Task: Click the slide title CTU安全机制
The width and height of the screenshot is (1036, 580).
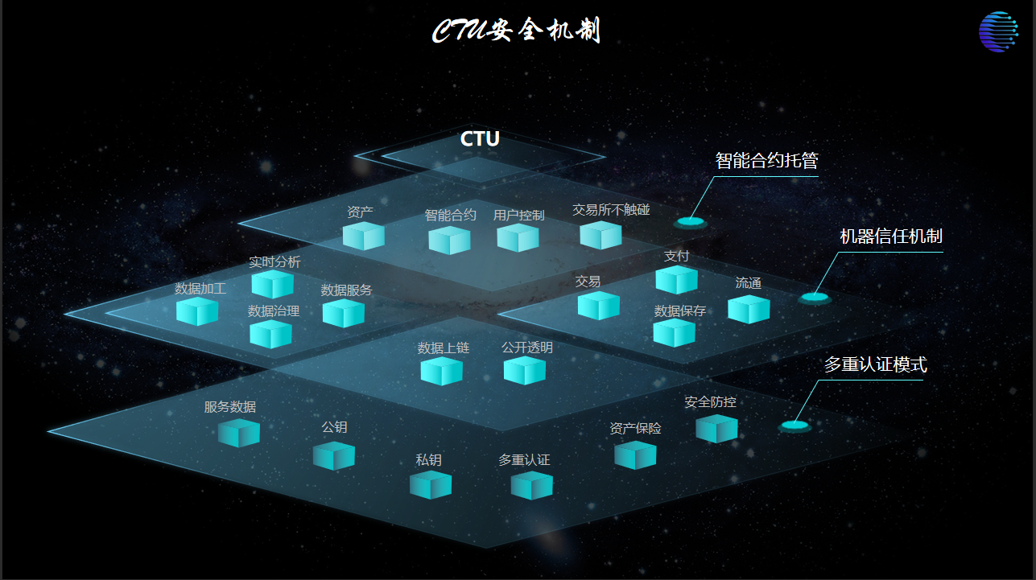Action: pos(516,31)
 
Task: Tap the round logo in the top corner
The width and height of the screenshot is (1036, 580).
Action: pos(998,32)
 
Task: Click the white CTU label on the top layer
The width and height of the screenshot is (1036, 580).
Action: pos(480,139)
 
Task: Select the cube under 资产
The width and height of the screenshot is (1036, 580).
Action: pos(363,237)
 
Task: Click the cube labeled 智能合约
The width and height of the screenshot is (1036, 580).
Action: pos(449,240)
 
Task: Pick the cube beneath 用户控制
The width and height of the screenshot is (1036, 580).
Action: pos(518,237)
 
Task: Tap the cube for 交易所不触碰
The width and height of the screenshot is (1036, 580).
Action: pos(601,235)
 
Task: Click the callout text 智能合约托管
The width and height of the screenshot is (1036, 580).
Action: pos(766,161)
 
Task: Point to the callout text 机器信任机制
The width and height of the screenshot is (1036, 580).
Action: pos(890,237)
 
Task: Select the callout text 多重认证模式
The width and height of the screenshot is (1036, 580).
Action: pos(875,365)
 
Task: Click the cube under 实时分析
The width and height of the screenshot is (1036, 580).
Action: pos(272,284)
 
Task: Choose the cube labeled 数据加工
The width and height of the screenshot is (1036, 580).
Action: pos(197,311)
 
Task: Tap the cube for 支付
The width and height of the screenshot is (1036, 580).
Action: pos(676,280)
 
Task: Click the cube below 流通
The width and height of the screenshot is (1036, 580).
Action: pos(749,309)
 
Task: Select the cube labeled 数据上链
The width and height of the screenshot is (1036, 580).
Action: pos(441,371)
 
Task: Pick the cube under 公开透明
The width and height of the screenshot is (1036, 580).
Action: pos(525,370)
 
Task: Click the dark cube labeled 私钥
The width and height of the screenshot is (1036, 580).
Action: pos(430,485)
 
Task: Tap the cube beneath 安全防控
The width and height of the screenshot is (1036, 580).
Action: pos(716,428)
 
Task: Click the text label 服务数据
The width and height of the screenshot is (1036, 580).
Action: pos(230,407)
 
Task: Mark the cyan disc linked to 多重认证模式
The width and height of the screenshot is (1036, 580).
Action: pos(794,425)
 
